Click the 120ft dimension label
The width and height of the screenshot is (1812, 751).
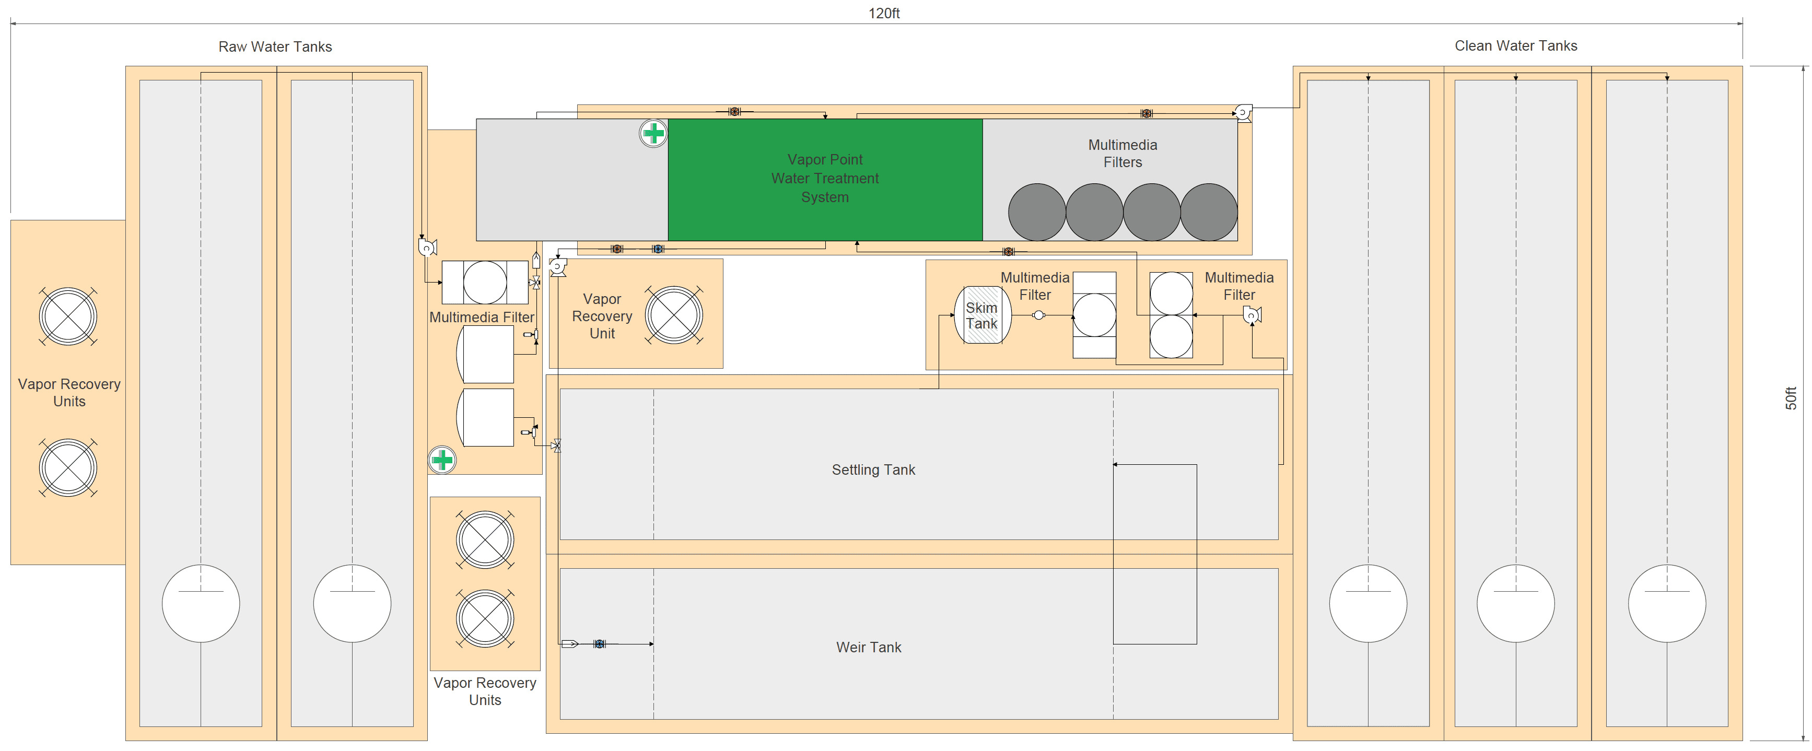coord(883,14)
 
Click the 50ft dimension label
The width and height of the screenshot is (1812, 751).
coord(1791,398)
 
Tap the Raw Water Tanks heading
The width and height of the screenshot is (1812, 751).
coord(275,46)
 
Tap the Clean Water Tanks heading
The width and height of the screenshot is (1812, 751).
coord(1516,46)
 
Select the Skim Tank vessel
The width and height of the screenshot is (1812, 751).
coord(982,315)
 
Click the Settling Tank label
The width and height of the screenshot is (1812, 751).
coord(874,470)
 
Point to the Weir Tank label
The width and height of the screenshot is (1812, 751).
coord(869,647)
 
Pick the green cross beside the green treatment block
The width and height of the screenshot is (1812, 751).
coord(653,133)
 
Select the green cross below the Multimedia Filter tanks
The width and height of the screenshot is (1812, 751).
coord(442,461)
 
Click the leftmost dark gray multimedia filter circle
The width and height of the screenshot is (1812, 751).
coord(1037,213)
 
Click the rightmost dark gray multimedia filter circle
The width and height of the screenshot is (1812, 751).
coord(1209,213)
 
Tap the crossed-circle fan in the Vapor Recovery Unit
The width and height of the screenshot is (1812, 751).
coord(674,315)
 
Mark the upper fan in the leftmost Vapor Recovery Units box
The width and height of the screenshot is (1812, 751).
coord(68,316)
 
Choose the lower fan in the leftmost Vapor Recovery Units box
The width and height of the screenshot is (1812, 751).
coord(68,467)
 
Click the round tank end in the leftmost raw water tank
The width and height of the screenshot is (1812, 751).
coord(201,603)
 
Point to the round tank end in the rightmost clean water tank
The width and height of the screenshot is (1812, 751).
coord(1667,603)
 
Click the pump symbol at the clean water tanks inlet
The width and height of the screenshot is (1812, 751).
coord(1243,112)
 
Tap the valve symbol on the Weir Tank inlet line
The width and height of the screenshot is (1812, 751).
coord(599,643)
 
